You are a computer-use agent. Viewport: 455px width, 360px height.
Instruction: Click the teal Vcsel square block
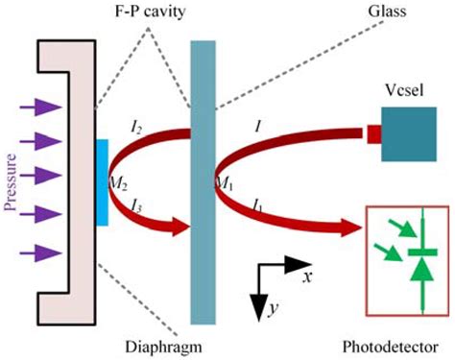(406, 134)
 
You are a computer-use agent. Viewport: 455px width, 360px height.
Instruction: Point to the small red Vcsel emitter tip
(372, 135)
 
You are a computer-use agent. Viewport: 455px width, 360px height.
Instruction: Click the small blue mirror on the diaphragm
(102, 182)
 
